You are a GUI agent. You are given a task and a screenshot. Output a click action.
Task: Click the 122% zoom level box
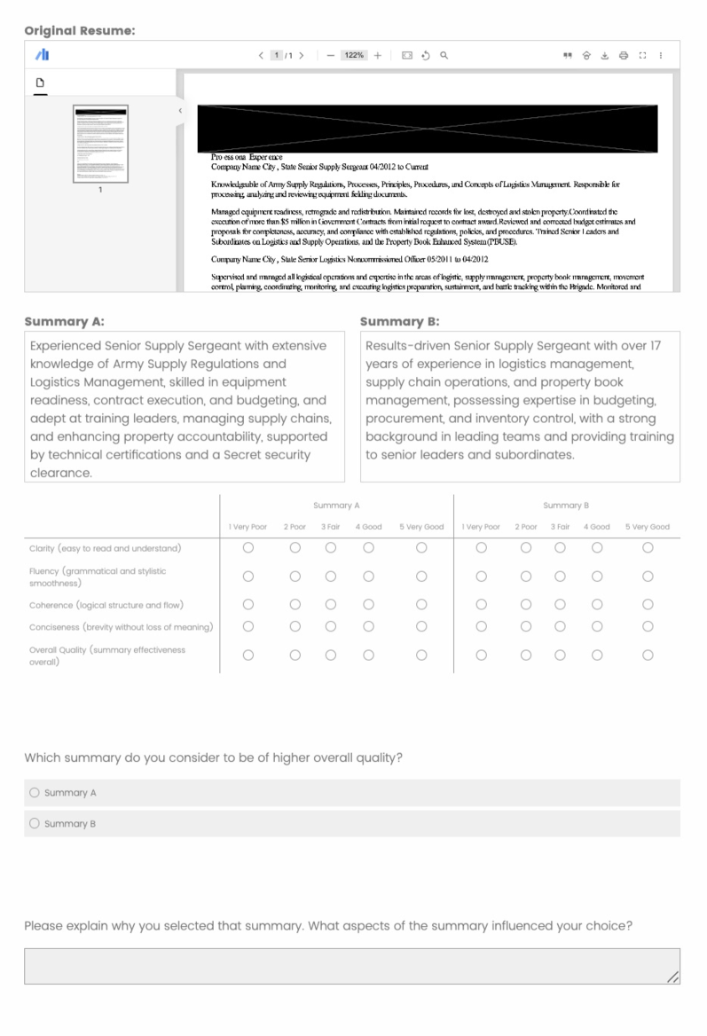[x=354, y=55]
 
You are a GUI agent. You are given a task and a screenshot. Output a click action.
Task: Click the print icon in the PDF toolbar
[x=624, y=55]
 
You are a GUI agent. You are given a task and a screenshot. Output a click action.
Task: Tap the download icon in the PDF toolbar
[x=605, y=55]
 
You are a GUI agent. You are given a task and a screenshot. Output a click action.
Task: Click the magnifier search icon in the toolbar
[x=444, y=55]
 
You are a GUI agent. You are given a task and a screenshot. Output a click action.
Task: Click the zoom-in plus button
[x=378, y=55]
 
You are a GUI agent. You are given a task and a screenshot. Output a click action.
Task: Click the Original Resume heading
[x=80, y=30]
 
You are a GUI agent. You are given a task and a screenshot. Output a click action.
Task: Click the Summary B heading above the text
[x=400, y=321]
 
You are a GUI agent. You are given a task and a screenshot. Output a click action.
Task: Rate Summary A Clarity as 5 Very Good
[x=421, y=548]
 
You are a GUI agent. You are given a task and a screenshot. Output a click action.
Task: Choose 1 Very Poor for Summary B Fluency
[x=481, y=577]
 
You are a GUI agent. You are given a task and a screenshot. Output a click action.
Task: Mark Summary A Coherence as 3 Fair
[x=331, y=605]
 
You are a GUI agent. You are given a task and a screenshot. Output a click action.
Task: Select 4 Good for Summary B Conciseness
[x=597, y=627]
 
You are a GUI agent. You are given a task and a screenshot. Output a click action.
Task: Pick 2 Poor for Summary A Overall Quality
[x=295, y=655]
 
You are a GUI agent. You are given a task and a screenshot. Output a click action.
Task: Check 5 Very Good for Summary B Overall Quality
[x=648, y=655]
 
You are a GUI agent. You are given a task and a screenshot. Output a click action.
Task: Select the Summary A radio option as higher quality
[x=35, y=793]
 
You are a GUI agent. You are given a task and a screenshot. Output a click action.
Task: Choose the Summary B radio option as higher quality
[x=35, y=824]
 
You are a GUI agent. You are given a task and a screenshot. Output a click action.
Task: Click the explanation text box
[x=352, y=966]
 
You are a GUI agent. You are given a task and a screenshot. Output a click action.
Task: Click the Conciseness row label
[x=121, y=627]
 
